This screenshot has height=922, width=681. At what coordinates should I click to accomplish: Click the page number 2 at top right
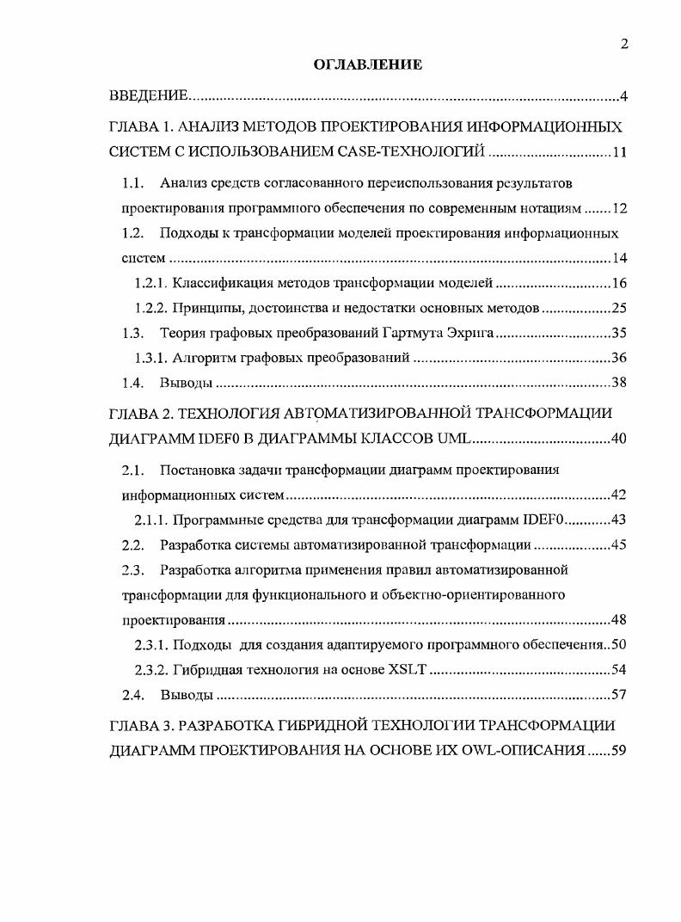click(x=624, y=46)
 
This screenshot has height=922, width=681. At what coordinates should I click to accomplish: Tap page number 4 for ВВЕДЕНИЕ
click(x=623, y=95)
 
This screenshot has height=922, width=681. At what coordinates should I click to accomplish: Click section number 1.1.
click(x=132, y=183)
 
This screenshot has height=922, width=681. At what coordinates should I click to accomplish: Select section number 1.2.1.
click(x=151, y=283)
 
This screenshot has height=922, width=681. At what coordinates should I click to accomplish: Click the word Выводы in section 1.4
click(x=186, y=383)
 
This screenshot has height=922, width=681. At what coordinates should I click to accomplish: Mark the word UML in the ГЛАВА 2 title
click(x=454, y=439)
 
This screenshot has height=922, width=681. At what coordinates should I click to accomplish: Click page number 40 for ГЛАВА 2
click(x=618, y=439)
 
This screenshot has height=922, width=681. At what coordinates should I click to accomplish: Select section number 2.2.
click(x=132, y=544)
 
